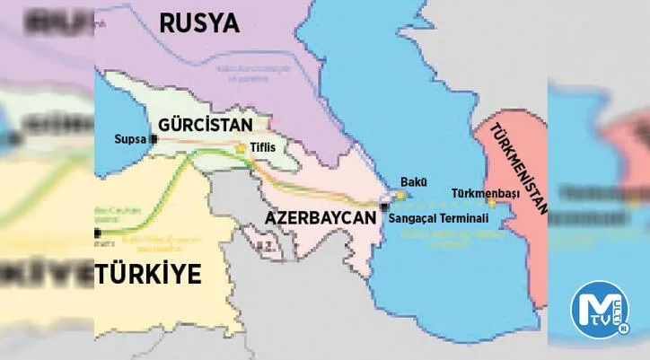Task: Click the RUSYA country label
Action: pyautogui.click(x=199, y=22)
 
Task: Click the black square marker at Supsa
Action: pyautogui.click(x=154, y=139)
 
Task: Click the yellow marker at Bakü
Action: pyautogui.click(x=401, y=194)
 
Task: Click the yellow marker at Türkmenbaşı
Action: pyautogui.click(x=491, y=204)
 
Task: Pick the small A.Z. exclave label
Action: pyautogui.click(x=262, y=244)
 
